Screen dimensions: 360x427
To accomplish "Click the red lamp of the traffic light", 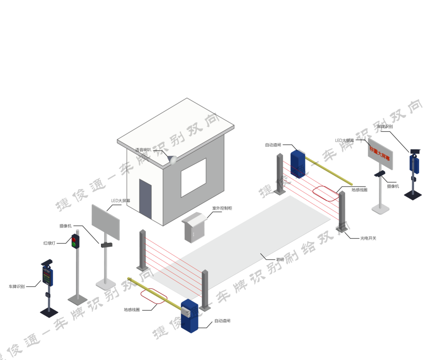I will click(x=75, y=239).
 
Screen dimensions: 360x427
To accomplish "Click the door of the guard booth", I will click(x=145, y=198).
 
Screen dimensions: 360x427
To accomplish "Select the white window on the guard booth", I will click(x=193, y=177).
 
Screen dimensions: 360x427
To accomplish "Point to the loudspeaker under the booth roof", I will click(x=173, y=160).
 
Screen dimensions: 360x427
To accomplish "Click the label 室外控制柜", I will click(x=222, y=208).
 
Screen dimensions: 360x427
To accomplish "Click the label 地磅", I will click(x=280, y=260).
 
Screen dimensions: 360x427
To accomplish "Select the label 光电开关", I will click(x=368, y=238).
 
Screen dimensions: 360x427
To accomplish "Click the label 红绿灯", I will click(x=50, y=242).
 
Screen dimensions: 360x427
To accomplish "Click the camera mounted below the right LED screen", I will click(x=380, y=174).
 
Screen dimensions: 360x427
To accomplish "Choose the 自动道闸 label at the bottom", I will click(x=222, y=321).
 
